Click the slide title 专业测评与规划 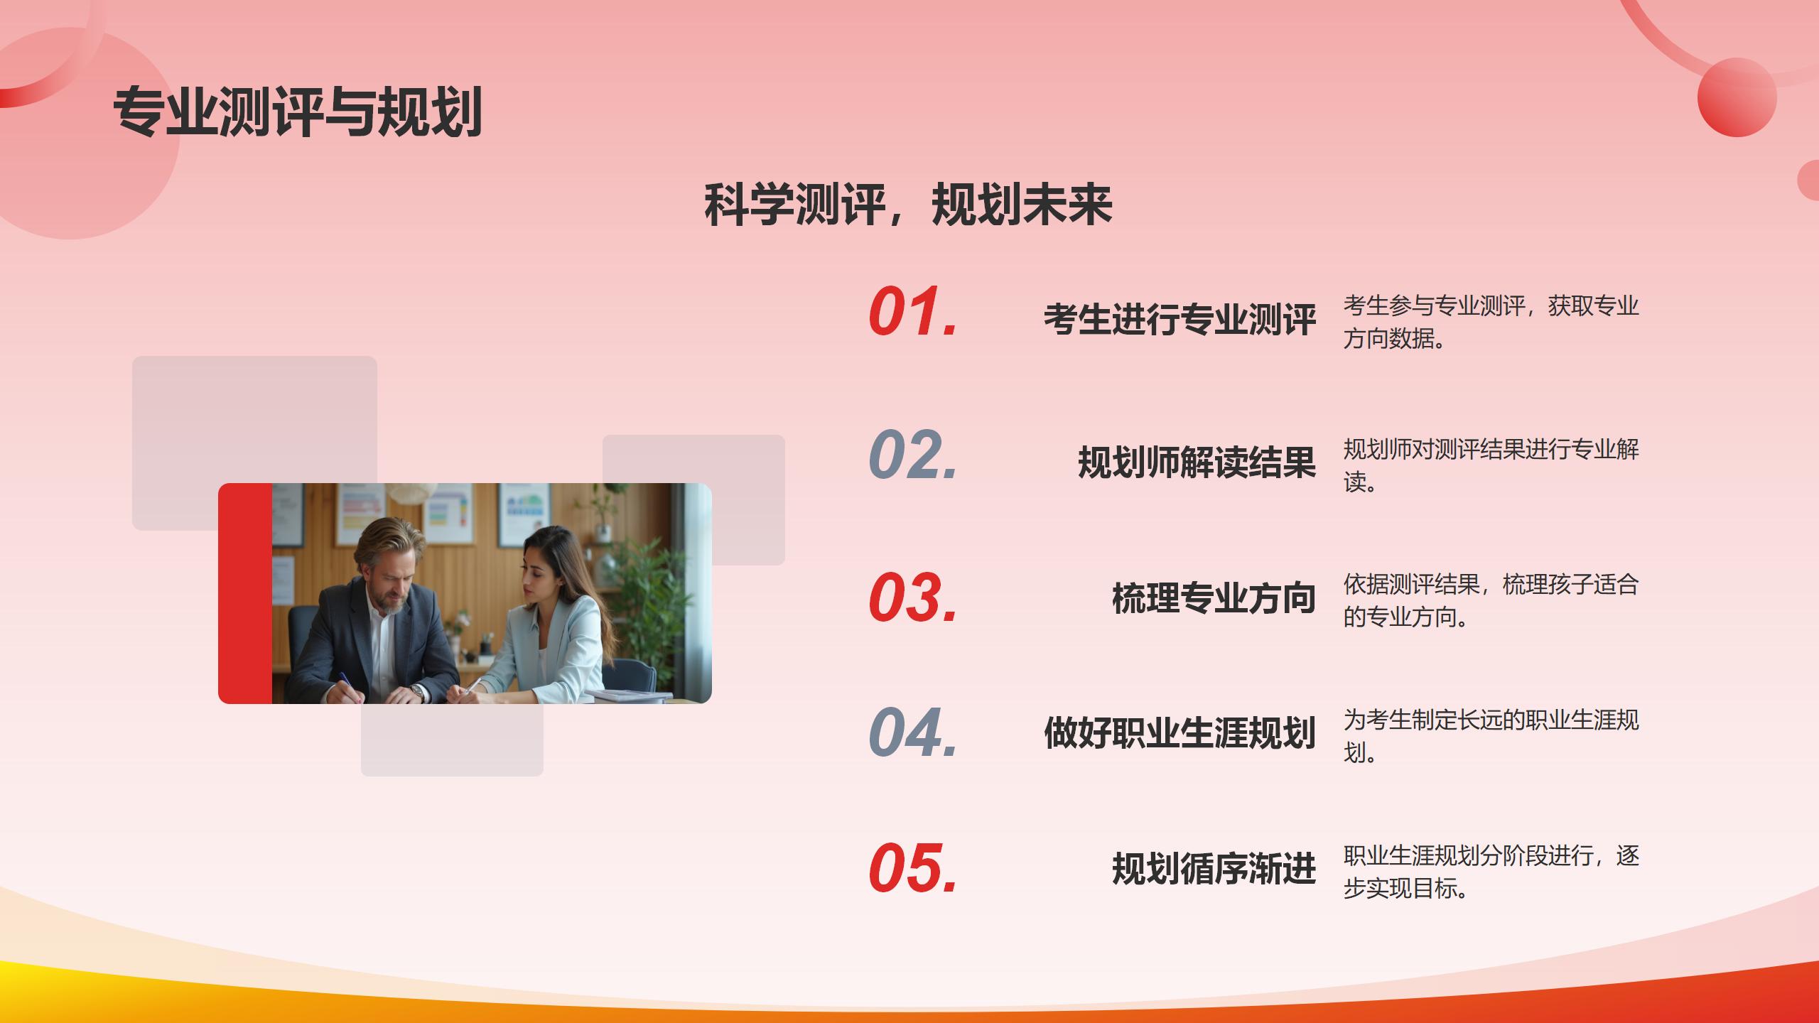point(298,112)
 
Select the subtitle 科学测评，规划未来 point(908,205)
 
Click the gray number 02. point(913,454)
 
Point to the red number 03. point(913,597)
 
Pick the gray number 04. point(913,732)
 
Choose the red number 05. point(913,867)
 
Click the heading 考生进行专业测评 point(1180,319)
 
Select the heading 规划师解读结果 point(1197,462)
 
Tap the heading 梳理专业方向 point(1214,597)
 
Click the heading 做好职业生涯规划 point(1180,732)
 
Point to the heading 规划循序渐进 point(1214,868)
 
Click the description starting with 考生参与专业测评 point(1491,322)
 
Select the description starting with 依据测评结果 point(1491,600)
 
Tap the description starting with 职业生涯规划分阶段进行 point(1491,872)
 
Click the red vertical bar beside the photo point(245,593)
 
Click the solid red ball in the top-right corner point(1737,97)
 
